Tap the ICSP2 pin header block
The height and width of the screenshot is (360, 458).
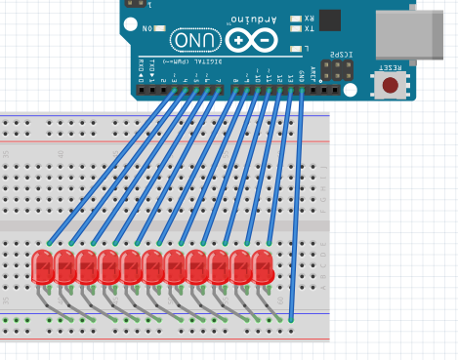tap(339, 71)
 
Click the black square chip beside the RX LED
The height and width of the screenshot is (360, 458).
tap(330, 20)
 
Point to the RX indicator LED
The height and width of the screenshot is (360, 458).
tap(296, 18)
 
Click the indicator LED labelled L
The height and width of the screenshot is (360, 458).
tap(296, 47)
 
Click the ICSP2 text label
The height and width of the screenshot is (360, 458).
tap(340, 55)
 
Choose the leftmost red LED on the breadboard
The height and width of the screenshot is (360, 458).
tap(42, 267)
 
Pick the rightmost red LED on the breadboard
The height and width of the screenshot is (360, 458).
tap(263, 267)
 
